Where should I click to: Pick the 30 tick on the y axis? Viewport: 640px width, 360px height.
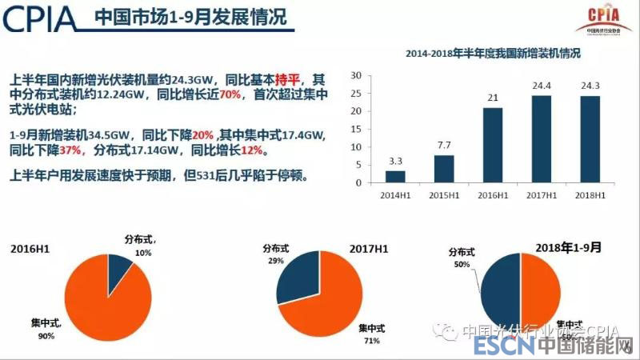coord(356,75)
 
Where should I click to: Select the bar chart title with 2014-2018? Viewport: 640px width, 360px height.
coord(492,55)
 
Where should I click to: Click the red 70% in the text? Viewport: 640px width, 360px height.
coord(232,94)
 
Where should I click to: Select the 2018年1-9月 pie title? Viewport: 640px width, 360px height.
coord(570,248)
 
